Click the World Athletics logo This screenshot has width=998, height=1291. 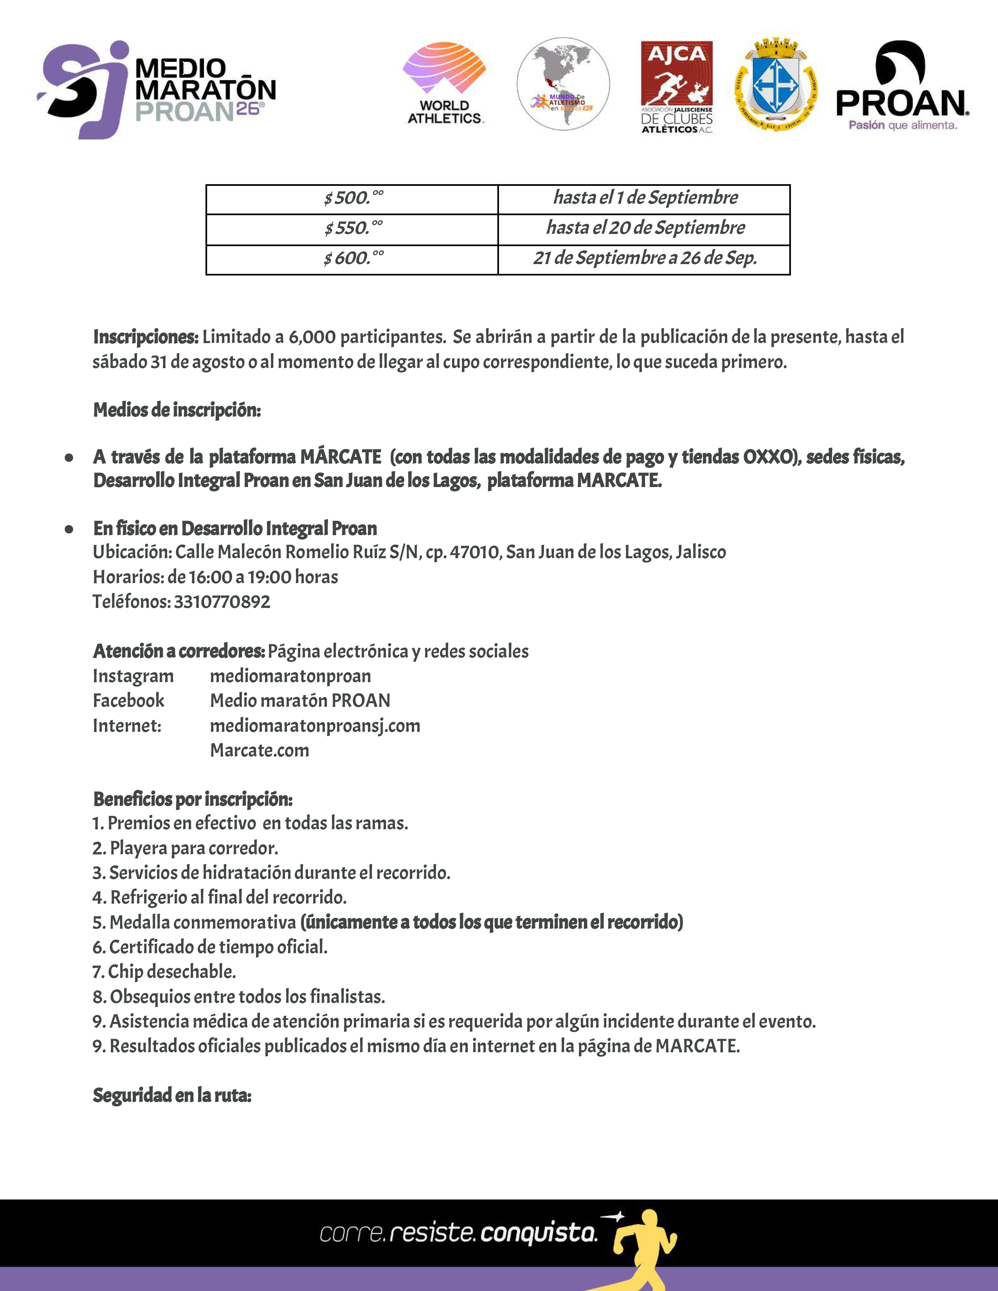[444, 83]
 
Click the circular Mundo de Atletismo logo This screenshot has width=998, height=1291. [563, 84]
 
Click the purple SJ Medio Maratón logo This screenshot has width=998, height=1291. [155, 89]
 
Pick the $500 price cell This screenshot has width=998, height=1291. [352, 198]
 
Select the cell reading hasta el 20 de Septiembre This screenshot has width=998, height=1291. [645, 228]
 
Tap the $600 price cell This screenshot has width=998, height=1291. [352, 258]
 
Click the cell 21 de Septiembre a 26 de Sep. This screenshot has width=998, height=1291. [645, 258]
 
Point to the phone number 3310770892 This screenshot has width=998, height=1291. [222, 602]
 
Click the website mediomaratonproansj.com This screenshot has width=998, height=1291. [315, 725]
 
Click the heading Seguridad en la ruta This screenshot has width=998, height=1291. [172, 1095]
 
